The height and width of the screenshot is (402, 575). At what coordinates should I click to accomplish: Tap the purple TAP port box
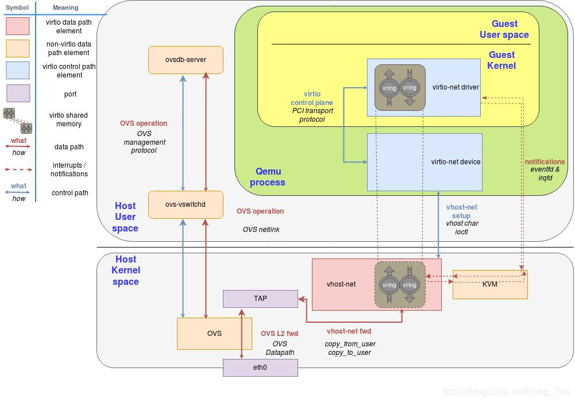[260, 299]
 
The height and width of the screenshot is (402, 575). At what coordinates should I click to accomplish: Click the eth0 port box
[260, 367]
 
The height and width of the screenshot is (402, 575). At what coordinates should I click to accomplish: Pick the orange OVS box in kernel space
[214, 334]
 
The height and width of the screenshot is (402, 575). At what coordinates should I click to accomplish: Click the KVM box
[490, 284]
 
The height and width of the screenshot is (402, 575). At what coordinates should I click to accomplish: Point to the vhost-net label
[341, 284]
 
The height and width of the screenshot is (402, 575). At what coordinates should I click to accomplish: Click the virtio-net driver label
[456, 87]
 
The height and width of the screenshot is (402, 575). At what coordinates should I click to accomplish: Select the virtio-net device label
[456, 162]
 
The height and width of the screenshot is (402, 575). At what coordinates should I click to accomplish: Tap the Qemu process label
[267, 177]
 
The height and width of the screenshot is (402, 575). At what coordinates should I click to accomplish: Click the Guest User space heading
[504, 29]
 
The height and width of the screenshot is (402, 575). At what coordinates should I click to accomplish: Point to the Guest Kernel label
[501, 60]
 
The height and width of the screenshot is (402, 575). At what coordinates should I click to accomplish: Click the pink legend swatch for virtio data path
[17, 26]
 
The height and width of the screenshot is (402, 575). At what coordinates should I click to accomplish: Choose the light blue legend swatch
[17, 71]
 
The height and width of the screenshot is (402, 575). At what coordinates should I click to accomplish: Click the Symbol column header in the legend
[17, 8]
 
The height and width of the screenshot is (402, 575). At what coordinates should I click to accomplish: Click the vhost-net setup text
[461, 211]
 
